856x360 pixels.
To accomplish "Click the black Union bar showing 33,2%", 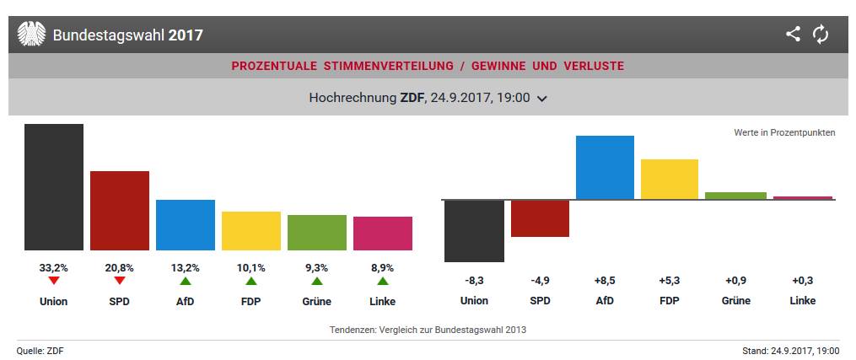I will pyautogui.click(x=54, y=186).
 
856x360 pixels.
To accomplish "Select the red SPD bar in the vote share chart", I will pyautogui.click(x=120, y=210).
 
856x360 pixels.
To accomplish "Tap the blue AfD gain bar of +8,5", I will pyautogui.click(x=605, y=167).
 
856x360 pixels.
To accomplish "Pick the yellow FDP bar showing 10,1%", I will pyautogui.click(x=251, y=230).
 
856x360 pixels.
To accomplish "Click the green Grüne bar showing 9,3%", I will pyautogui.click(x=317, y=232).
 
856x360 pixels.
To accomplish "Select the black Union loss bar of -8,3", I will pyautogui.click(x=474, y=231).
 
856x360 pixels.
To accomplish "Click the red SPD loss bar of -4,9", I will pyautogui.click(x=540, y=218).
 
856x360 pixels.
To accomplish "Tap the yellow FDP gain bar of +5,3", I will pyautogui.click(x=670, y=179).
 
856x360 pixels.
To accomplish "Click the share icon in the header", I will pyautogui.click(x=793, y=35).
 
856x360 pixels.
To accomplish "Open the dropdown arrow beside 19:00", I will pyautogui.click(x=542, y=99).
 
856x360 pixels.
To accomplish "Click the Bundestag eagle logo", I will pyautogui.click(x=31, y=35).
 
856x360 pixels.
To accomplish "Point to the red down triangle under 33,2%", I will pyautogui.click(x=54, y=281).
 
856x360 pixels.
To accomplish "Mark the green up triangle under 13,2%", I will pyautogui.click(x=186, y=281).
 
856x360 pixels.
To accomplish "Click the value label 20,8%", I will pyautogui.click(x=120, y=267).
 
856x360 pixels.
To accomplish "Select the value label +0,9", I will pyautogui.click(x=735, y=281).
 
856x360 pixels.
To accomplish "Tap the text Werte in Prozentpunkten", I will pyautogui.click(x=784, y=133).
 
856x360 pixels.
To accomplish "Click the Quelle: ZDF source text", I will pyautogui.click(x=40, y=350).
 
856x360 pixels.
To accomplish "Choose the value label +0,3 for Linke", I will pyautogui.click(x=802, y=281).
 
